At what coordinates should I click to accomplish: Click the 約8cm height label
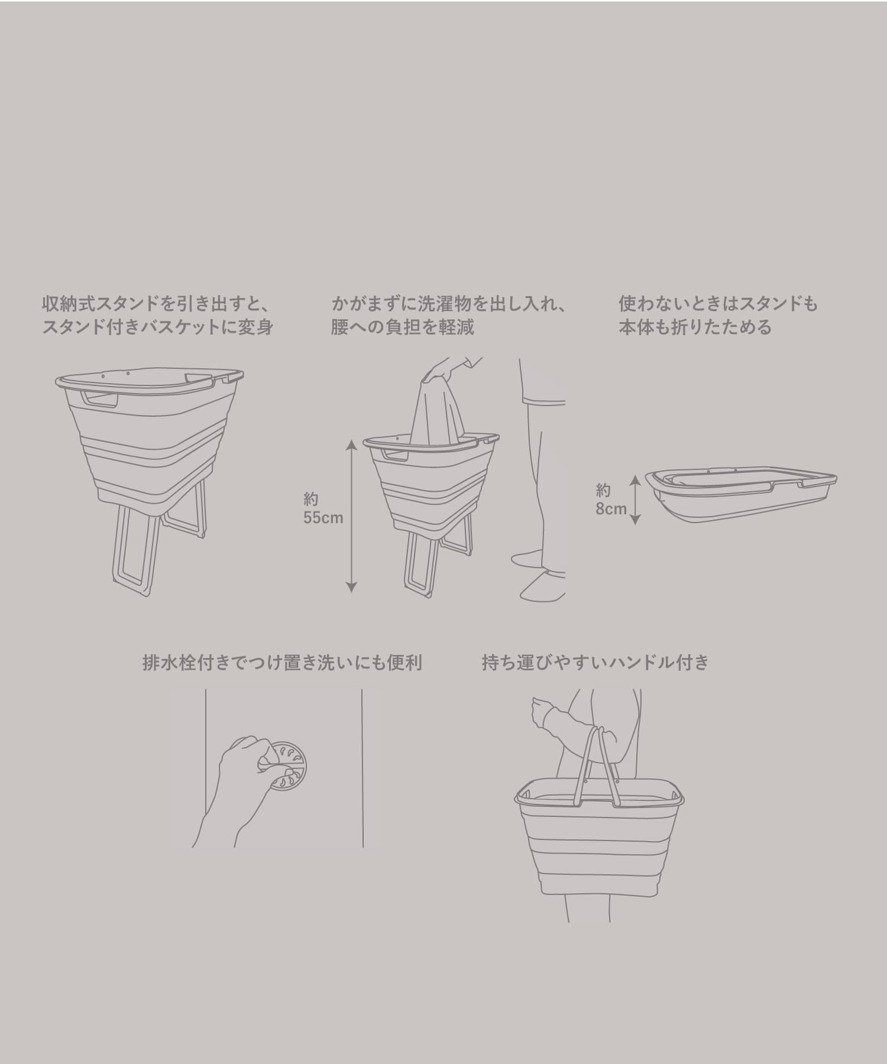point(611,499)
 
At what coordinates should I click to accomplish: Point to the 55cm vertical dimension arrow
point(351,515)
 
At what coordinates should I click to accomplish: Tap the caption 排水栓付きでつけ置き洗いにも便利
point(282,663)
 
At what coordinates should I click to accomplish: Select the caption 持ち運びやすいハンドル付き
point(595,663)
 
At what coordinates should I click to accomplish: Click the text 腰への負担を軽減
point(402,327)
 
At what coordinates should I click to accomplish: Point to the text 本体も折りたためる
point(695,327)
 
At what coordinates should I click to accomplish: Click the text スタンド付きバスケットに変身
point(157,327)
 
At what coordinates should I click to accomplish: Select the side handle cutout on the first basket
point(101,399)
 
